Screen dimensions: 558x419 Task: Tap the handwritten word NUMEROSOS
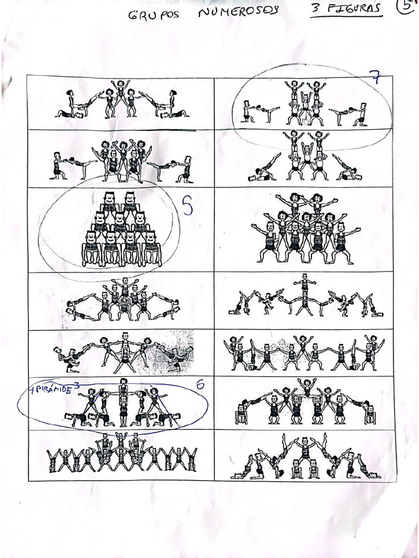238,11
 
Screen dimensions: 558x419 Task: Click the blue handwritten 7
375,77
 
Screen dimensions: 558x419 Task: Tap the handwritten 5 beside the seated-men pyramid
187,208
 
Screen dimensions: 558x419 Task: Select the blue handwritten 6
200,385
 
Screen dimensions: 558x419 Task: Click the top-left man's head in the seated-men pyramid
109,198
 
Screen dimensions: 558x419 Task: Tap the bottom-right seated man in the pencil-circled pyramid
151,248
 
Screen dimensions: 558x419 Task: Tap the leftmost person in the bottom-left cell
52,460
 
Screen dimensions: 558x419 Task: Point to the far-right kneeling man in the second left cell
185,169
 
